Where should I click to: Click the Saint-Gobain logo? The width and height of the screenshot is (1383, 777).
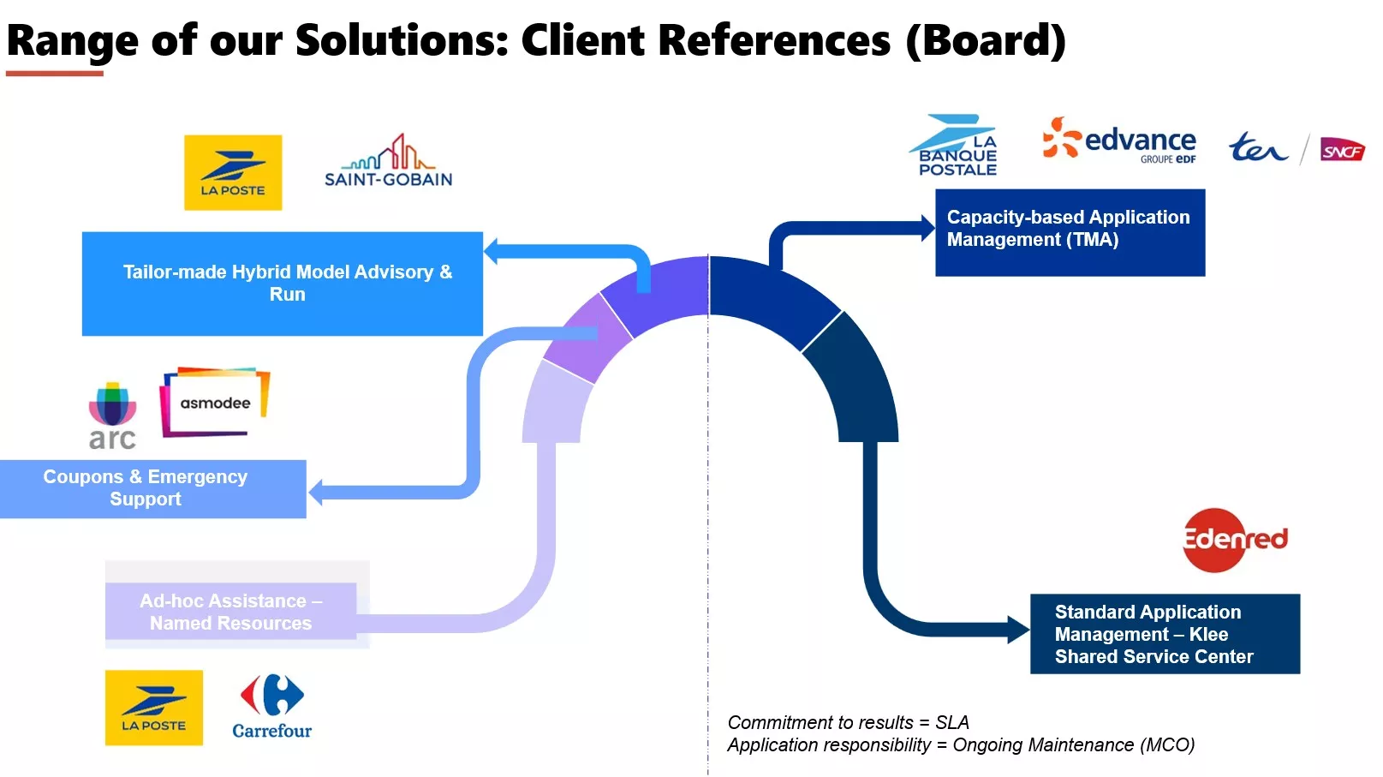point(388,160)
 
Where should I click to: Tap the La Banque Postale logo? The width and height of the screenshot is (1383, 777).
point(954,145)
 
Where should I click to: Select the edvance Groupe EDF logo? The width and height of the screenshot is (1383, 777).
point(1118,140)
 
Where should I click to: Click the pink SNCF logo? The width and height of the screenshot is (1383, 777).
point(1342,150)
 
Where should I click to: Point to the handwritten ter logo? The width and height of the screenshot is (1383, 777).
point(1258,147)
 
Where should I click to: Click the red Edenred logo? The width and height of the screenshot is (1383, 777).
point(1235,540)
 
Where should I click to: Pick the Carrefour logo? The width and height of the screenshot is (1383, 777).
point(272,707)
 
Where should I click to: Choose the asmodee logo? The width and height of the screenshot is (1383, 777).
point(215,402)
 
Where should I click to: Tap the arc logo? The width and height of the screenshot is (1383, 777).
point(112,415)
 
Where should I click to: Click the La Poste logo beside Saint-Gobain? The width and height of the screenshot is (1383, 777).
point(233,172)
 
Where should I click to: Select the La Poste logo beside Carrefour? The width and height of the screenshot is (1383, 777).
point(154,708)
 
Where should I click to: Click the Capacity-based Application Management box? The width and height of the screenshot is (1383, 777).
point(1070,232)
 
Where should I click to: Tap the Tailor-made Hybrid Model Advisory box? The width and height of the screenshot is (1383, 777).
point(282,284)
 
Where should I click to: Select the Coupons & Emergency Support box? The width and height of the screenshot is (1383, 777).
point(152,488)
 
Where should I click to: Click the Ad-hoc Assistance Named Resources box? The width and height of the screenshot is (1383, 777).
point(231,612)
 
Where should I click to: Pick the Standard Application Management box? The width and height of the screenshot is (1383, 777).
point(1165,634)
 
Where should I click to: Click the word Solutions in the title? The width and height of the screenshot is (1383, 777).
point(402,40)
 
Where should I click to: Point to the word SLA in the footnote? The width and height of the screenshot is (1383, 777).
point(952,722)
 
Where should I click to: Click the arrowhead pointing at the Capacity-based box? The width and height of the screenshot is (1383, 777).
point(928,228)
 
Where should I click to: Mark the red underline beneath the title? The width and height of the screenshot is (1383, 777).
point(54,74)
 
